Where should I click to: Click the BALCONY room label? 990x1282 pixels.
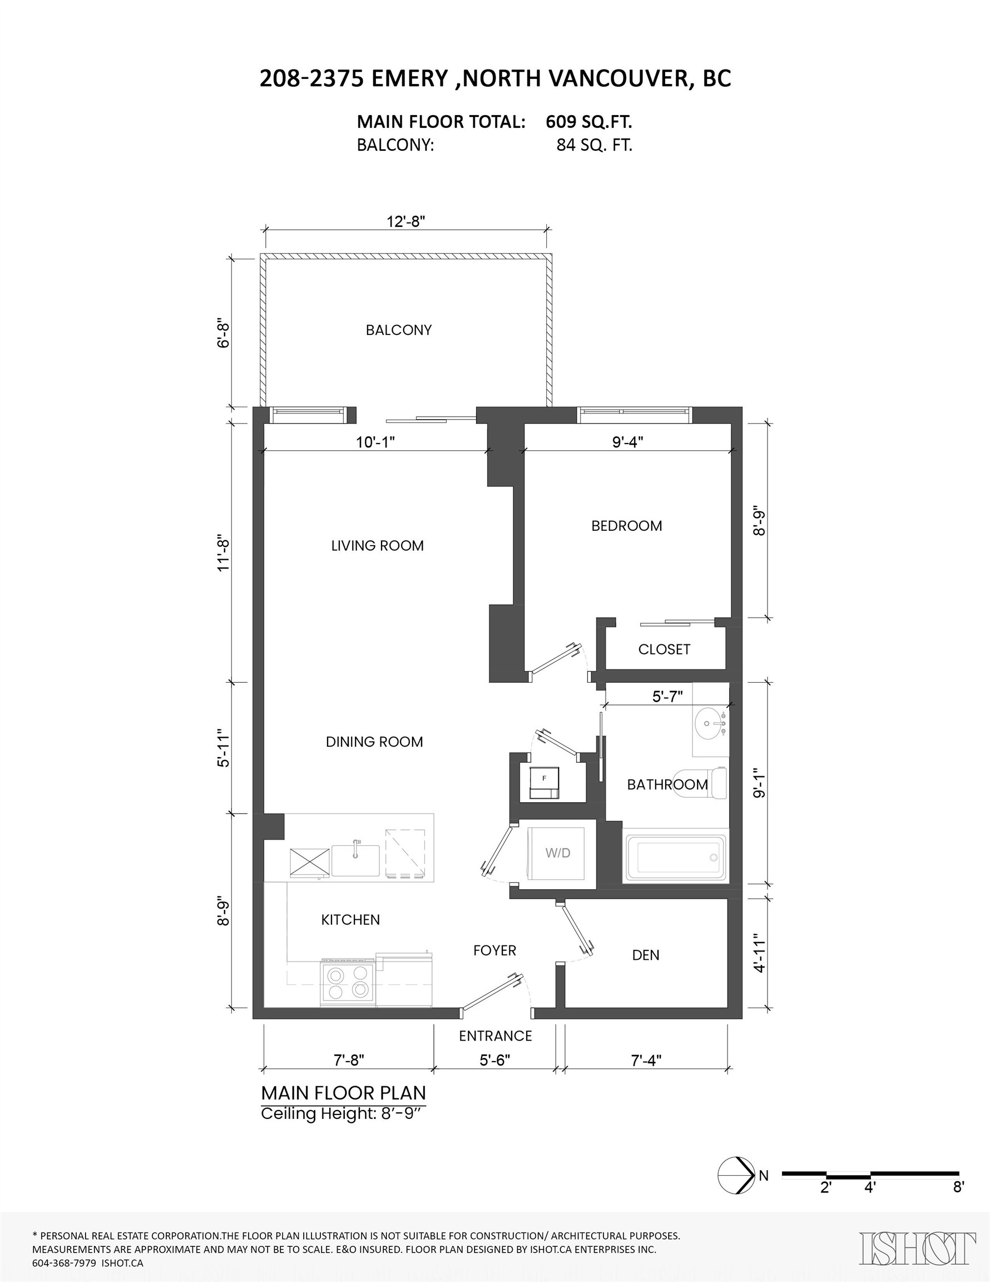[398, 330]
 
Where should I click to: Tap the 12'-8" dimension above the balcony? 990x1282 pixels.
[405, 221]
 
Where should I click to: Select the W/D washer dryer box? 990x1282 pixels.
[557, 854]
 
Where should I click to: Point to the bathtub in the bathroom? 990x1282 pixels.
[677, 857]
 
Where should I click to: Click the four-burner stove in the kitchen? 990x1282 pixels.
[348, 983]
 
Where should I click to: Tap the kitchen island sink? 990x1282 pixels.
[355, 861]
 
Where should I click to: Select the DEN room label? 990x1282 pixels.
[646, 955]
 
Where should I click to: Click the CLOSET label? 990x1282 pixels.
[664, 649]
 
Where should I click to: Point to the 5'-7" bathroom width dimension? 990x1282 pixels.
[667, 696]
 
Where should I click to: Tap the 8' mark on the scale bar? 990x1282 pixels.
[958, 1187]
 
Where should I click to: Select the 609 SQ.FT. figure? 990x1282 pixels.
[588, 121]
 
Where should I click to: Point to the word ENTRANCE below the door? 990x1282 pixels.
[496, 1036]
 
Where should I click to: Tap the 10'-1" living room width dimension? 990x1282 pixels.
[375, 442]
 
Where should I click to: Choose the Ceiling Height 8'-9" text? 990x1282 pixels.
[341, 1113]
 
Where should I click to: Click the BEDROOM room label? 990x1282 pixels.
[626, 525]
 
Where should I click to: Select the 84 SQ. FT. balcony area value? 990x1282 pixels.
[594, 145]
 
